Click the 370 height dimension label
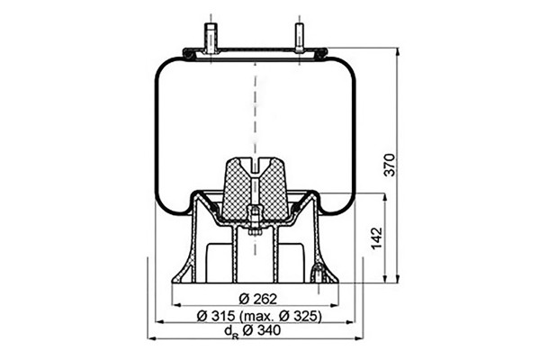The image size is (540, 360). pyautogui.click(x=390, y=165)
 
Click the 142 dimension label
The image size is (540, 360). pyautogui.click(x=377, y=238)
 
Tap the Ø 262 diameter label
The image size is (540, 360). pyautogui.click(x=257, y=299)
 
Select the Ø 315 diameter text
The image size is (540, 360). pyautogui.click(x=216, y=316)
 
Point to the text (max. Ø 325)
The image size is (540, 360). pyautogui.click(x=280, y=316)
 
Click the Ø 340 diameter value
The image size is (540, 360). pyautogui.click(x=261, y=330)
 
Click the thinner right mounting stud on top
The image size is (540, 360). pyautogui.click(x=299, y=38)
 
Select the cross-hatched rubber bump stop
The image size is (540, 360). pyautogui.click(x=255, y=189)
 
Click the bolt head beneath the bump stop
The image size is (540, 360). pyautogui.click(x=255, y=233)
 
